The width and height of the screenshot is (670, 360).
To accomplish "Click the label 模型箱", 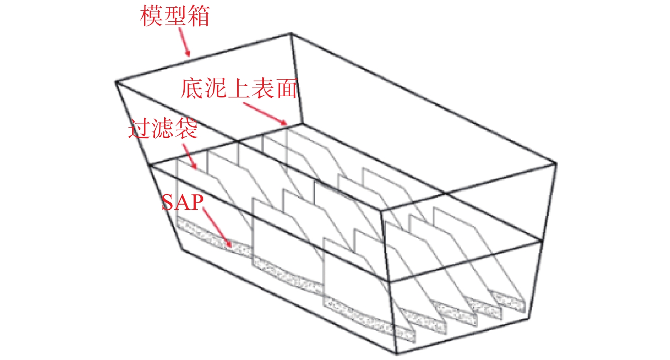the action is [x=175, y=16].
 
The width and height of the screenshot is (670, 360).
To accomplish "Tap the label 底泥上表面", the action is [x=239, y=88].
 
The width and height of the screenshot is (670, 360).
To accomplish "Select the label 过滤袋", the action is [x=163, y=129].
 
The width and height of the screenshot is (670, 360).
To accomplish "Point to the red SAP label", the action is [x=182, y=202].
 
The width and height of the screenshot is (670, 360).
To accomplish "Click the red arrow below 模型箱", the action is [x=184, y=42].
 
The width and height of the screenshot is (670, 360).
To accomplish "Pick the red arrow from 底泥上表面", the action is [x=265, y=114].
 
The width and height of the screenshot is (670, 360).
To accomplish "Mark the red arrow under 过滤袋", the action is [x=190, y=157].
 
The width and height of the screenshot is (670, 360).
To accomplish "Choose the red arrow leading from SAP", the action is [x=217, y=227].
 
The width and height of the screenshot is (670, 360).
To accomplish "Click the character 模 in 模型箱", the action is [x=151, y=16].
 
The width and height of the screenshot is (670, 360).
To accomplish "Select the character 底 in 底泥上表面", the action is [x=192, y=88].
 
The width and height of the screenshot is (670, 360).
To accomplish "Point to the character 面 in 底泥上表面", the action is [x=286, y=88].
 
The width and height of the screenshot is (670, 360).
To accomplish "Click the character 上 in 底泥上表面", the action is [x=239, y=88].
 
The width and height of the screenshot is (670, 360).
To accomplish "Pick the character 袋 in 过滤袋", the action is [x=186, y=129].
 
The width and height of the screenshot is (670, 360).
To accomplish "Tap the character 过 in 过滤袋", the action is [x=140, y=129].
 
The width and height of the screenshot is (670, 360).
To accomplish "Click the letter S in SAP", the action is [x=168, y=202].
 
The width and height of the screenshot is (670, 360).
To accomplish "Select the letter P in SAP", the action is [x=197, y=202].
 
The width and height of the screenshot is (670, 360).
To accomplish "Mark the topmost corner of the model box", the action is [x=291, y=33].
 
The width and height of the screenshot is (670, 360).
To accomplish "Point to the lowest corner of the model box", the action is [x=396, y=354].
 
